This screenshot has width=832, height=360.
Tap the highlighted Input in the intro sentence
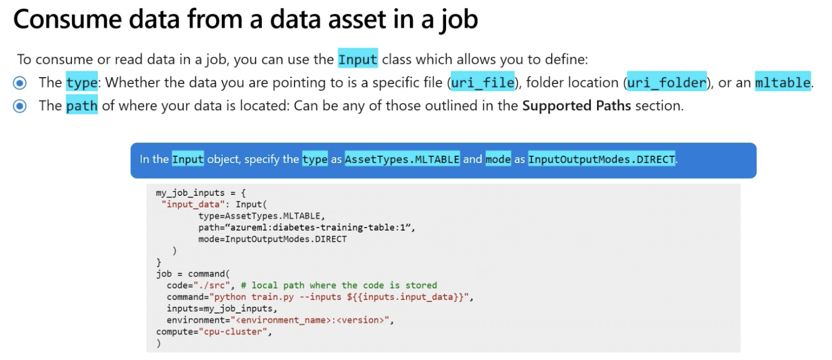pos(357,59)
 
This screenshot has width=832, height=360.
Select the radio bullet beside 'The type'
pos(20,83)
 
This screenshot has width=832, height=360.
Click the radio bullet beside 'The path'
pos(20,106)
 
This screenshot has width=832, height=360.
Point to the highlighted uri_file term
pos(483,82)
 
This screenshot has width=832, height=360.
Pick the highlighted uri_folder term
pos(666,82)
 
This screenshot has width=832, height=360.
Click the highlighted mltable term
pos(782,82)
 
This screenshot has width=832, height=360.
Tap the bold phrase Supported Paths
pos(576,106)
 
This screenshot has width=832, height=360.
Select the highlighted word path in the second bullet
pos(82,106)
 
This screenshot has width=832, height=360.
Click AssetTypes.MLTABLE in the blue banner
pos(402,159)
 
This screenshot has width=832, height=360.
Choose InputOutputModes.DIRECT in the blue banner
pos(601,159)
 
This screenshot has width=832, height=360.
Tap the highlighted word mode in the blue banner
pos(498,159)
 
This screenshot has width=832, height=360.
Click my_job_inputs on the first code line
pos(190,193)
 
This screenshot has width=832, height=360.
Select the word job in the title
pos(459,20)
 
